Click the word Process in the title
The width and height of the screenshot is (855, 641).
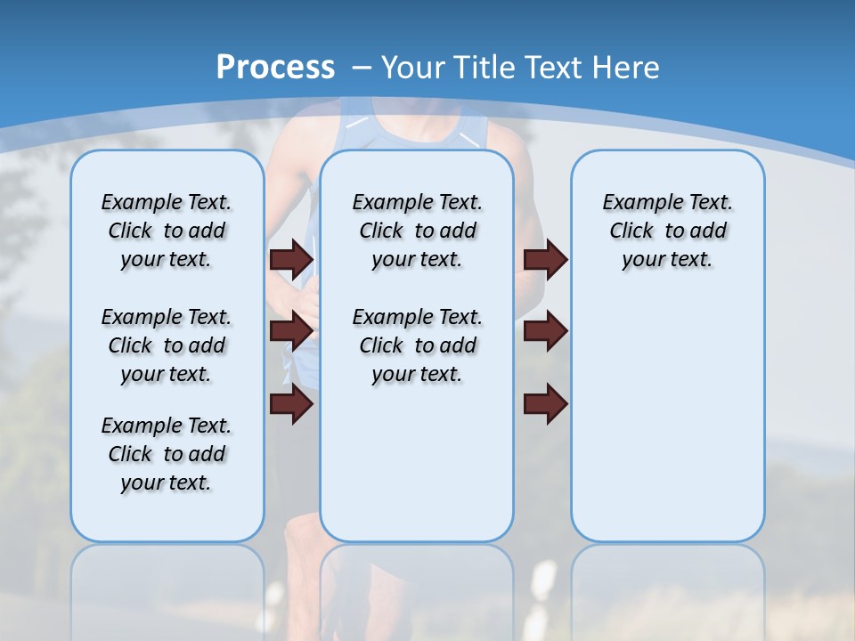[x=275, y=67]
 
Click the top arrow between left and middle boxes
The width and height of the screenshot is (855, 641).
[x=291, y=260]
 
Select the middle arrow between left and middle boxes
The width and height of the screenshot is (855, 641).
[x=291, y=331]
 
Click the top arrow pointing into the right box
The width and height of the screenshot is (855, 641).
[x=546, y=260]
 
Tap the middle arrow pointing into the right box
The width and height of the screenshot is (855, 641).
[x=546, y=331]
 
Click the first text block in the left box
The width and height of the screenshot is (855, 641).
[x=167, y=231]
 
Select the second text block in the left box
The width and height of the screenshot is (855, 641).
[x=167, y=345]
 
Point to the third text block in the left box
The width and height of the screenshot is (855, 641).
[x=167, y=454]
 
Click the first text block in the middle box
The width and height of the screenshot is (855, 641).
[x=417, y=231]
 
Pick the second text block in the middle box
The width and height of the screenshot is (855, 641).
[x=417, y=345]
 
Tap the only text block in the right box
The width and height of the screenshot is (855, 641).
[x=667, y=231]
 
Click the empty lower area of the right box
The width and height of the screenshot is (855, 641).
[x=667, y=418]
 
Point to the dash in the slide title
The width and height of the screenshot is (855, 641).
[x=362, y=67]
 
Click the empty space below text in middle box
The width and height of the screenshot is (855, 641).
[x=417, y=463]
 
